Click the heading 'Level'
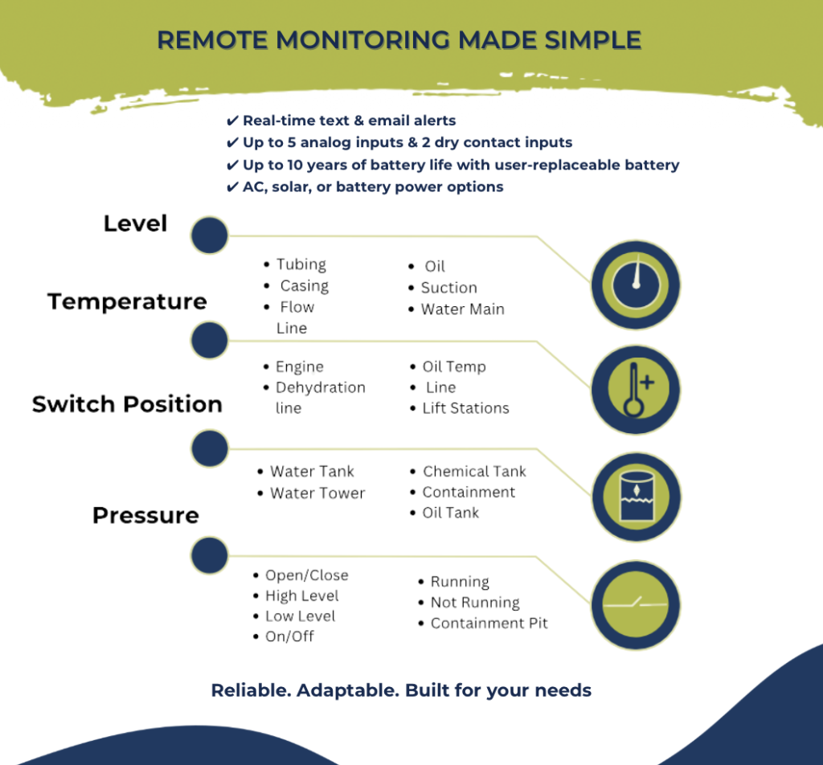pyautogui.click(x=135, y=223)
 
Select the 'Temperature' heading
pyautogui.click(x=127, y=301)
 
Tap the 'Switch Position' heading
pyautogui.click(x=127, y=404)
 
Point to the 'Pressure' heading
pyautogui.click(x=145, y=515)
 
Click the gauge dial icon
pyautogui.click(x=636, y=285)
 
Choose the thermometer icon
pyautogui.click(x=636, y=390)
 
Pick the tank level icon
pyautogui.click(x=637, y=497)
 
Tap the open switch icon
pyautogui.click(x=636, y=605)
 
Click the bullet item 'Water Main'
pyautogui.click(x=462, y=309)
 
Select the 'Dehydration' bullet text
pyautogui.click(x=321, y=387)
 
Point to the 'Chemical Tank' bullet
pyautogui.click(x=474, y=471)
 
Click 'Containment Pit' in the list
pyautogui.click(x=489, y=623)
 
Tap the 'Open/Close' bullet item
pyautogui.click(x=307, y=575)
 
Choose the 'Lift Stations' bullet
pyautogui.click(x=466, y=407)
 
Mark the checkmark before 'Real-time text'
pyautogui.click(x=232, y=121)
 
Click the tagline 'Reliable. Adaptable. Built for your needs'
pyautogui.click(x=401, y=690)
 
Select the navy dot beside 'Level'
pyautogui.click(x=210, y=235)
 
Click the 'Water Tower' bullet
pyautogui.click(x=317, y=493)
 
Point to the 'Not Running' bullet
pyautogui.click(x=475, y=603)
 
